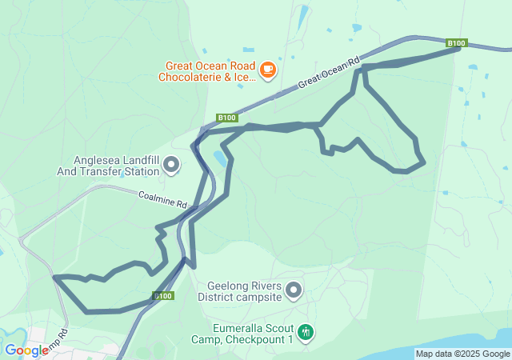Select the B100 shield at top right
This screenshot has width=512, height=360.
456,43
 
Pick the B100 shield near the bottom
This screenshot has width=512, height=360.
163,296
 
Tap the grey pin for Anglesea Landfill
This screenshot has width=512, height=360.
171,165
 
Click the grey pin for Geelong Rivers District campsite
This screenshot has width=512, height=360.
294,290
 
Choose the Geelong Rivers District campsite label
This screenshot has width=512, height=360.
244,290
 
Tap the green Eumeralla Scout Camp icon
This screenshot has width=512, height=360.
305,331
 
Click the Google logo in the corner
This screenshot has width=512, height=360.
26,350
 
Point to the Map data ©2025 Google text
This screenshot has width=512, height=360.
462,354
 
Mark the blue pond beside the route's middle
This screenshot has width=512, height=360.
218,158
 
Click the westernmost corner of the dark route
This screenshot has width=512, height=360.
54,278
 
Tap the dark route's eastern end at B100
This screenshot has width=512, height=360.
458,49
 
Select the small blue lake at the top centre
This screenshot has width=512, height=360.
302,16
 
